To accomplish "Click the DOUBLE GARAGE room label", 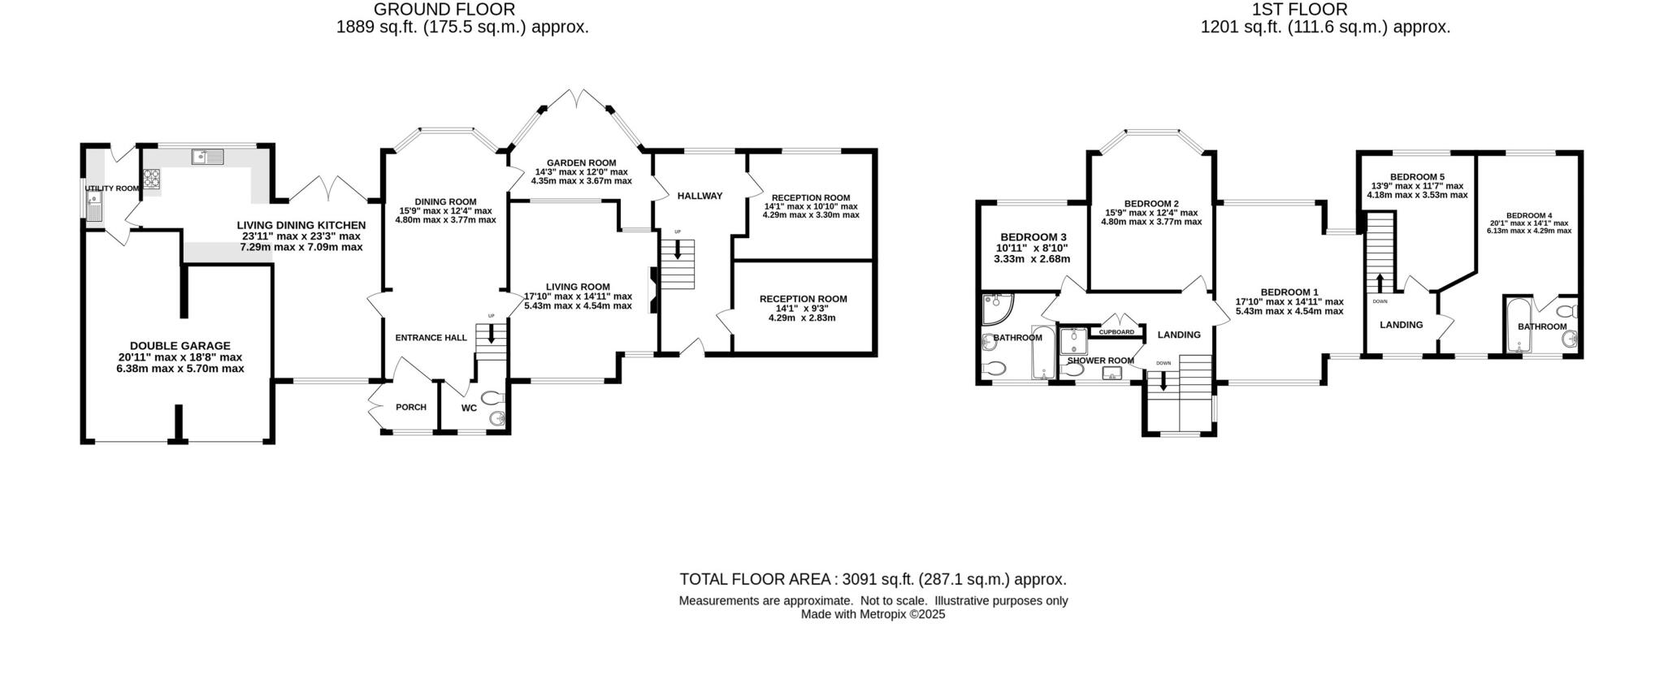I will pos(180,345).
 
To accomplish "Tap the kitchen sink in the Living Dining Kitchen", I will pos(208,158).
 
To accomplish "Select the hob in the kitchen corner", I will pos(152,178).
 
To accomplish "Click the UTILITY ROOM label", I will pos(112,188).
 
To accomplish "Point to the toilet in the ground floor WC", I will pos(493,399).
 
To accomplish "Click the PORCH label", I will pos(410,407).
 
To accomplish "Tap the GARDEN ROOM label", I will pos(581,162).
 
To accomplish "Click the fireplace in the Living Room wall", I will pos(652,290).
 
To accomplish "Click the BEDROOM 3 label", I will pos(1033,236).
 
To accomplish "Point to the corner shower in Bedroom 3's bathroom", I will pos(996,309).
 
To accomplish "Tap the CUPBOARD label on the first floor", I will pos(1116,332).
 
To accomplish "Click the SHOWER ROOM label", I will pos(1100,361).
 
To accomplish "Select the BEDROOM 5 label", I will pos(1417,176).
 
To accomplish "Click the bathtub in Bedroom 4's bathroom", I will pos(1516,327).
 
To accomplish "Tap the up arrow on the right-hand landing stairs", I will pos(1380,283).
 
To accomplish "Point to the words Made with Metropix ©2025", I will pos(873,615).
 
